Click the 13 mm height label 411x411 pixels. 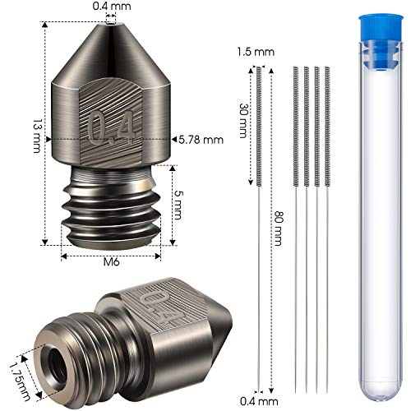[x=37, y=136]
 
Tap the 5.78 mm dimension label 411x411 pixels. [x=201, y=140]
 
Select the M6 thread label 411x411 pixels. [x=112, y=262]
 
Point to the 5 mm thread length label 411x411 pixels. [x=178, y=205]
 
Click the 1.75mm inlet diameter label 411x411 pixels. [x=19, y=381]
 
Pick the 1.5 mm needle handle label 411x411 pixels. [x=256, y=52]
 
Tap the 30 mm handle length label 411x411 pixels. [x=243, y=120]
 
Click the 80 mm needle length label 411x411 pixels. [x=278, y=228]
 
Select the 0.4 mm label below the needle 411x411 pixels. [x=259, y=401]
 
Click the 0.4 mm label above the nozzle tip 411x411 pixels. [x=112, y=6]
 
